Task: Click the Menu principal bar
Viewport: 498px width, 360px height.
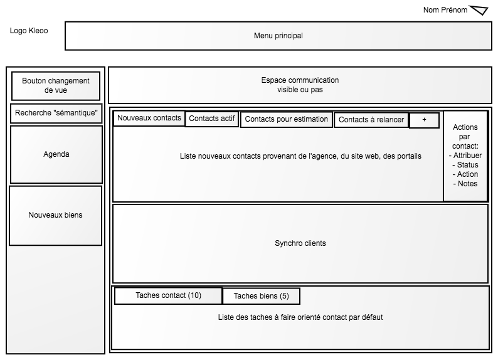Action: coord(278,36)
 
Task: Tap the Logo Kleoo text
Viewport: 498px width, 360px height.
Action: coord(29,31)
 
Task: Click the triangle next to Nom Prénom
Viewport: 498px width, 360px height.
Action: coord(479,10)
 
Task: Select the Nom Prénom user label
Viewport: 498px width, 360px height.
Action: coord(445,10)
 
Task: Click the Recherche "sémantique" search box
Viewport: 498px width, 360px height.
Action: coord(56,113)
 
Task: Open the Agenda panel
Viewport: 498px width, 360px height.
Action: coord(56,154)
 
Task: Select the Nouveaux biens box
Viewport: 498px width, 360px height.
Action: coord(56,215)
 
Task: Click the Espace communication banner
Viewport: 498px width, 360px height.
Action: coord(300,85)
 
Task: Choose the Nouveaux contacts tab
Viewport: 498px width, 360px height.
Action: coord(149,118)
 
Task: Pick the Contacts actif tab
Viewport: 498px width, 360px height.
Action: coord(212,119)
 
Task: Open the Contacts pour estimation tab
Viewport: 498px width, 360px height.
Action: coord(286,119)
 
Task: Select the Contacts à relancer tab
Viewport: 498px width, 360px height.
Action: coord(371,120)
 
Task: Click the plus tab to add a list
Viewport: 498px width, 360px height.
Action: coord(424,120)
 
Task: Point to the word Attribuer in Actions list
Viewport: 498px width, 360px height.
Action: coord(467,156)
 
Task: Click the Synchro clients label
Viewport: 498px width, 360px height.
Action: coord(300,243)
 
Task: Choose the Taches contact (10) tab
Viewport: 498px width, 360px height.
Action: coord(168,295)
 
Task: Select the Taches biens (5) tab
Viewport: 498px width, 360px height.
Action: coord(261,296)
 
